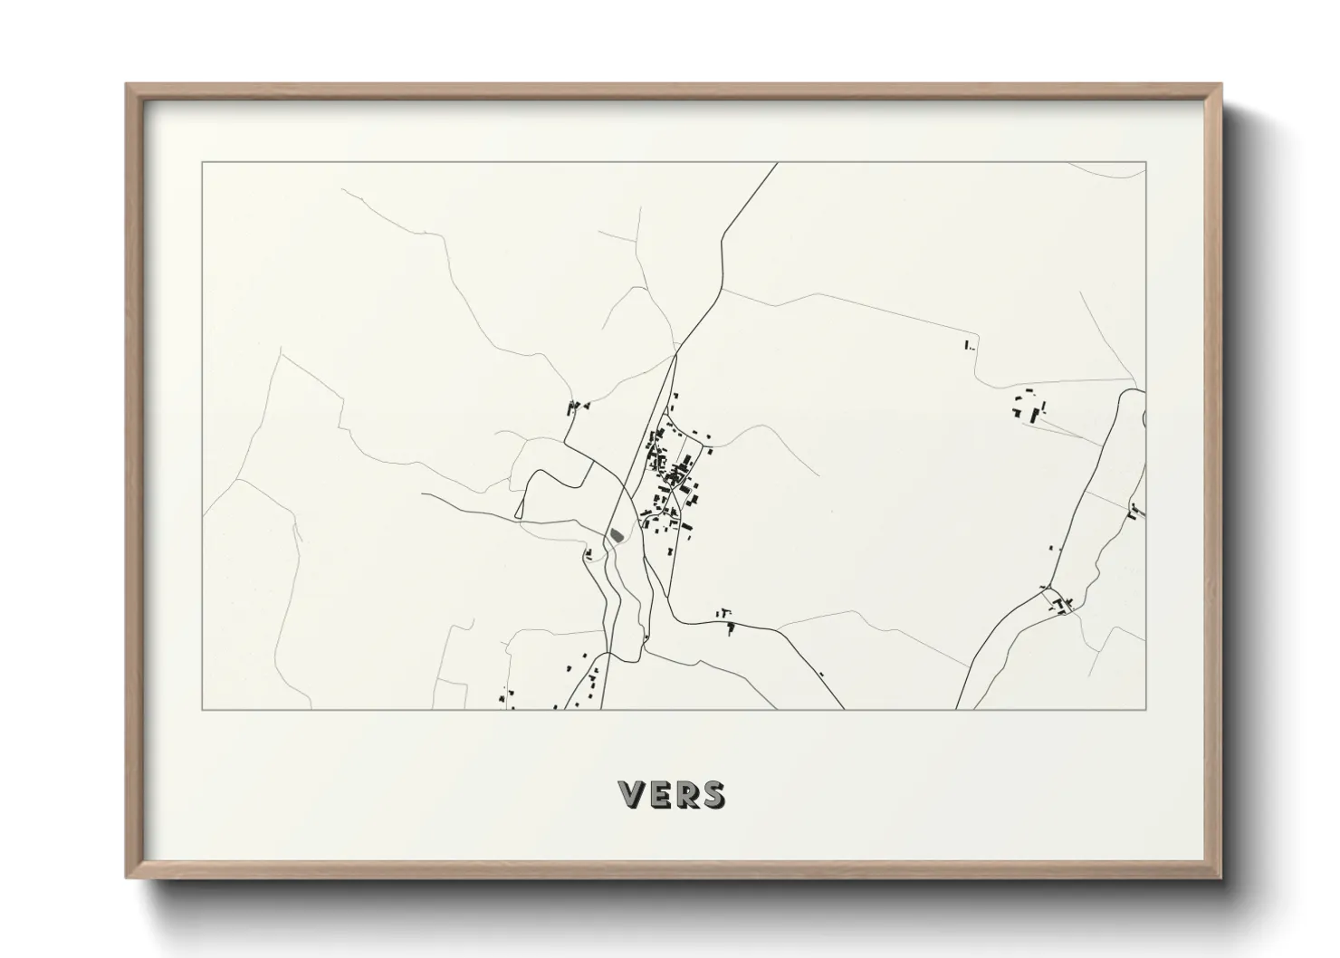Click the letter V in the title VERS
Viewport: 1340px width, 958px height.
(x=632, y=795)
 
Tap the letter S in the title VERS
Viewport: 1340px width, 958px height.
(x=712, y=795)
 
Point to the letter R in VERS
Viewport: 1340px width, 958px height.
(x=684, y=795)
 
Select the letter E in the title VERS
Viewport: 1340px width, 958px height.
(x=659, y=795)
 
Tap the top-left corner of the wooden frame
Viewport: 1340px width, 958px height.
(x=127, y=85)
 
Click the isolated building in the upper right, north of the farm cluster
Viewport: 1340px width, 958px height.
(x=967, y=344)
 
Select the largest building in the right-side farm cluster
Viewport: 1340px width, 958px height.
(x=1035, y=415)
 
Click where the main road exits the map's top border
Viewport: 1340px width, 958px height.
(x=778, y=163)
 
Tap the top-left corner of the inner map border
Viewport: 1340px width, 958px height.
(x=202, y=163)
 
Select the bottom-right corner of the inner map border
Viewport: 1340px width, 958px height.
(x=1145, y=709)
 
